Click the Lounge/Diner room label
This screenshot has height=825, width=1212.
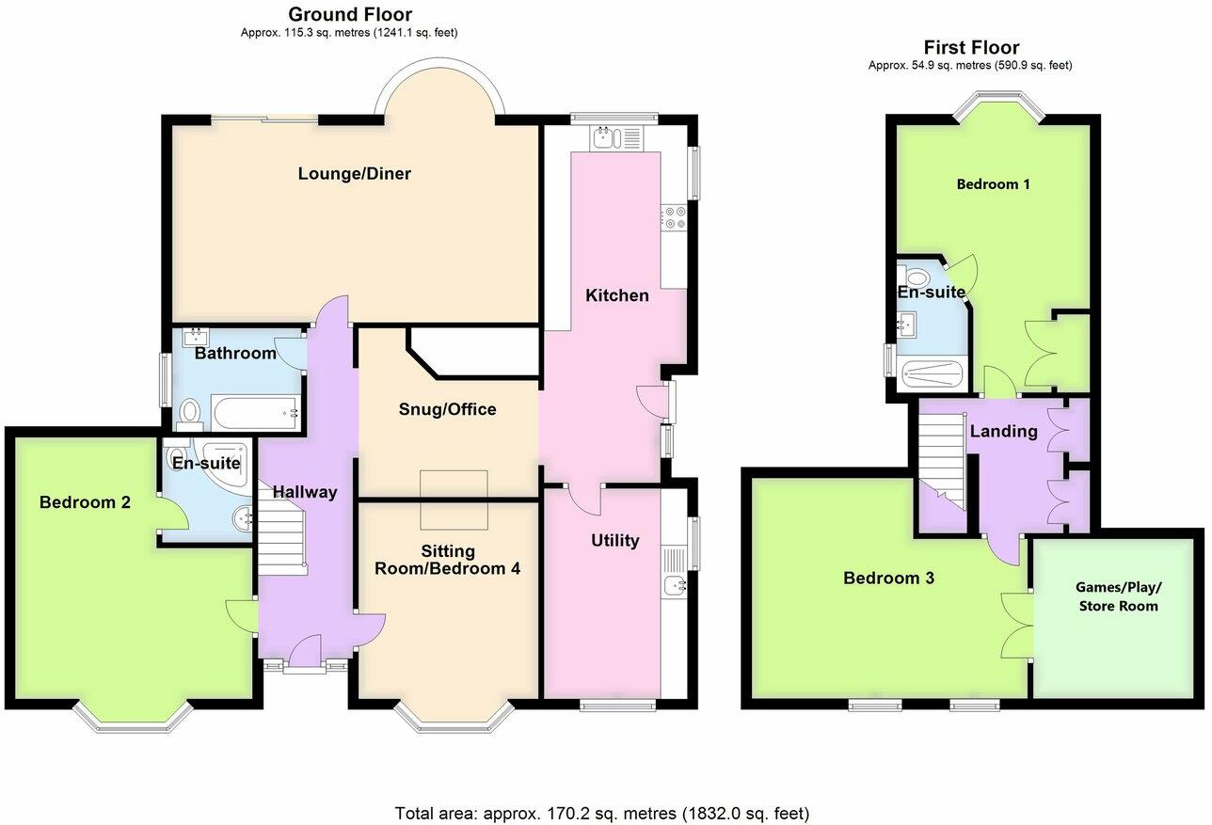click(355, 174)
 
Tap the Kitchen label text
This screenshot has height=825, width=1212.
click(617, 295)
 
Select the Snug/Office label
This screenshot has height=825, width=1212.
click(447, 409)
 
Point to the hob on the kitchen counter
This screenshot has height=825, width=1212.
click(675, 218)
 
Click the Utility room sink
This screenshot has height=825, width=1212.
click(676, 586)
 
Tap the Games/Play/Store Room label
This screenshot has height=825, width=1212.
click(1118, 596)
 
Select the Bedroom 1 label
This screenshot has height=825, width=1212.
click(993, 184)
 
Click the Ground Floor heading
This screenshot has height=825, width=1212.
click(349, 14)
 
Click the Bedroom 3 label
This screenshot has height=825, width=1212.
click(888, 579)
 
